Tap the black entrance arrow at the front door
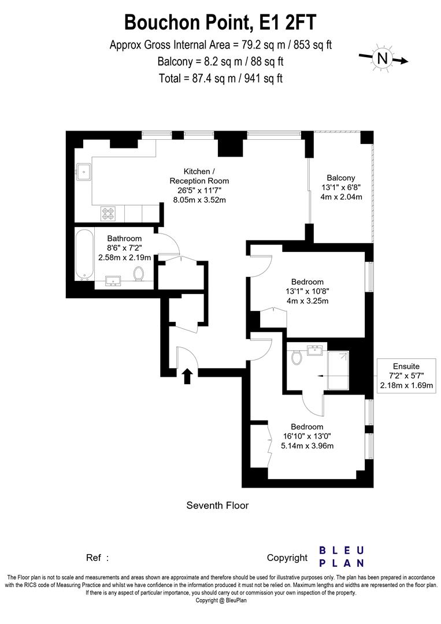(187, 376)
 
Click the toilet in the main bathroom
(139, 273)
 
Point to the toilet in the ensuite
(297, 358)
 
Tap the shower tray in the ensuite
(338, 370)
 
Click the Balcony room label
(341, 178)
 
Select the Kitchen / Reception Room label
(199, 176)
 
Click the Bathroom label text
(124, 238)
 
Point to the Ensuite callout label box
(406, 376)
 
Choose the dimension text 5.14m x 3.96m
(307, 445)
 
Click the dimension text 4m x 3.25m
(307, 301)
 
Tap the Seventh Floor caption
(217, 506)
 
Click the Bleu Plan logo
(342, 557)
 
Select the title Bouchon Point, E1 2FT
(221, 23)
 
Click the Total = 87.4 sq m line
(221, 78)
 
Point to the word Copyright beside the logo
(287, 558)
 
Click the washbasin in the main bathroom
(113, 281)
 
